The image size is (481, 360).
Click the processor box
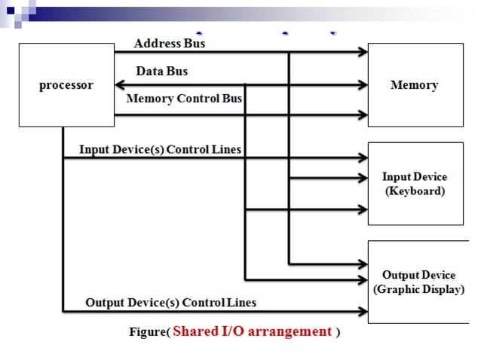tap(66, 84)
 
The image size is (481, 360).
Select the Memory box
tap(415, 84)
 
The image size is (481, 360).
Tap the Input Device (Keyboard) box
tap(415, 183)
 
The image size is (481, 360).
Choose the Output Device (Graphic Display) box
tap(418, 282)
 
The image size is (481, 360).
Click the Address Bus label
tap(169, 43)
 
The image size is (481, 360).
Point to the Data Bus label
tap(161, 72)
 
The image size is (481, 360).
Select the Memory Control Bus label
tap(184, 99)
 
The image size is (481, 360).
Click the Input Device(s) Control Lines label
tap(160, 150)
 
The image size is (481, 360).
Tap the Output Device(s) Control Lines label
tap(170, 303)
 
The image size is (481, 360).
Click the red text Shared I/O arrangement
tap(253, 331)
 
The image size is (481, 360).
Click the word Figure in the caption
tap(148, 332)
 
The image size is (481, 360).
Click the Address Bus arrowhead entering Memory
tap(363, 52)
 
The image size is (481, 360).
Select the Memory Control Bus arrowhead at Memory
tap(363, 115)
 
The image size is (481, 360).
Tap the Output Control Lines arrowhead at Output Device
tap(363, 311)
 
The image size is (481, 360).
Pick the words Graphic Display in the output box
tap(418, 290)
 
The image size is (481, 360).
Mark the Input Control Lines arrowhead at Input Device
tap(363, 159)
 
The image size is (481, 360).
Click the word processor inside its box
tap(66, 85)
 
